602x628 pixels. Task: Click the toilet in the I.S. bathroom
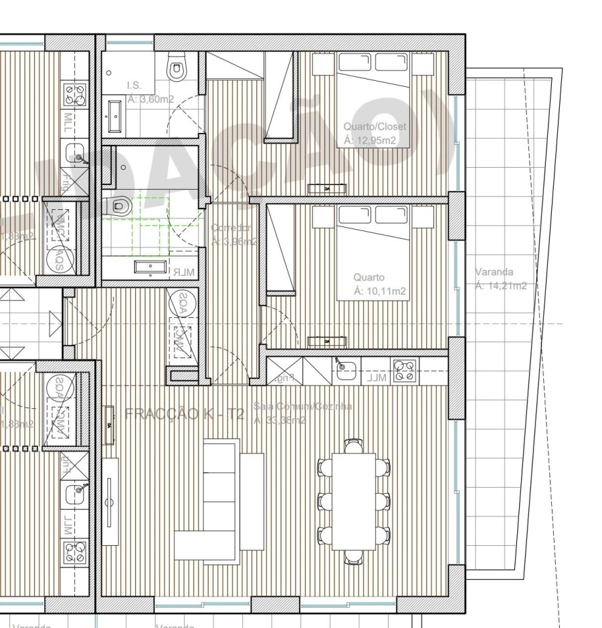(177, 66)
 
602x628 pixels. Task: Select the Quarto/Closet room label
(375, 126)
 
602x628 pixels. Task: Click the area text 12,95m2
(370, 140)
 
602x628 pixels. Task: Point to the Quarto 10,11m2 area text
(379, 291)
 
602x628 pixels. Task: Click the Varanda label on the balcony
(494, 272)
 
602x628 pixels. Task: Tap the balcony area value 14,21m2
(501, 286)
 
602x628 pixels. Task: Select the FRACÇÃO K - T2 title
(185, 414)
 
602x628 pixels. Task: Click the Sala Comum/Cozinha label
(303, 406)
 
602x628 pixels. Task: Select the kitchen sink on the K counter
(345, 369)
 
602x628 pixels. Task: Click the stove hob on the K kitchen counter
(403, 369)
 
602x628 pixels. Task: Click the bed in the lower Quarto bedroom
(373, 251)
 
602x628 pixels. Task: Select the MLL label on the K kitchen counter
(377, 378)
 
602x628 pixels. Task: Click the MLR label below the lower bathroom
(183, 273)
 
